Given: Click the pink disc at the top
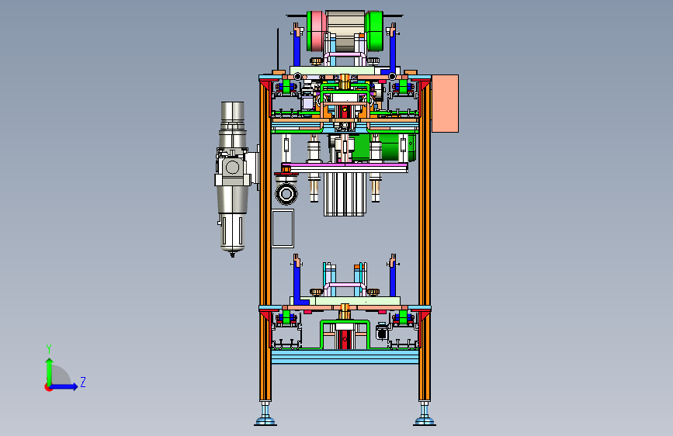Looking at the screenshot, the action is pyautogui.click(x=317, y=30).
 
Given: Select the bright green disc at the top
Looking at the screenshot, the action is pyautogui.click(x=374, y=30).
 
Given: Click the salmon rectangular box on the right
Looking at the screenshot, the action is pyautogui.click(x=445, y=103).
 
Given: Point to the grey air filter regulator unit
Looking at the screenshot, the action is pyautogui.click(x=232, y=178).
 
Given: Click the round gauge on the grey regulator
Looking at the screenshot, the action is pyautogui.click(x=233, y=168).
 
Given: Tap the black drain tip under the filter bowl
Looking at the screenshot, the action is pyautogui.click(x=233, y=254).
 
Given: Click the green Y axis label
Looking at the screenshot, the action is pyautogui.click(x=49, y=348).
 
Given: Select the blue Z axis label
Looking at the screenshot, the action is pyautogui.click(x=83, y=382).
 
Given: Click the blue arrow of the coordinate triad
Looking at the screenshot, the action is pyautogui.click(x=64, y=386).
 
